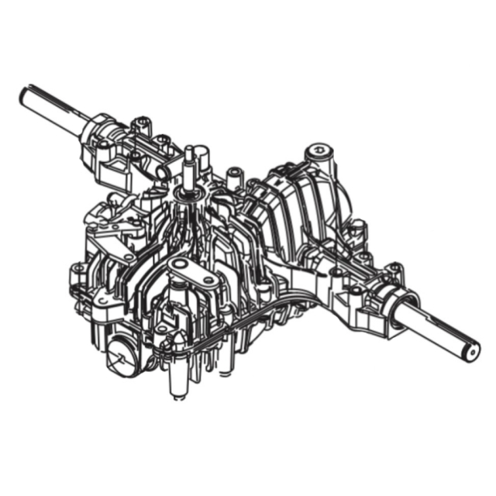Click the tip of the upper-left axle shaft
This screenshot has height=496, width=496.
tap(24, 95)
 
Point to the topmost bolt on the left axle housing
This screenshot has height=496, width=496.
tap(140, 122)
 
